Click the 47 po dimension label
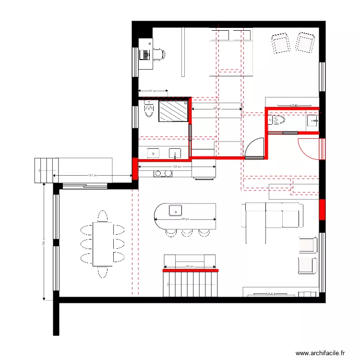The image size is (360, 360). pos(153,91)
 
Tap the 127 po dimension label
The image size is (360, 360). pos(93,175)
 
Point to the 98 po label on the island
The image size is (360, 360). pos(185,219)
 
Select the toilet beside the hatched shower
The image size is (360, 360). pos(149,110)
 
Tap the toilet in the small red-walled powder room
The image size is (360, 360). pos(278,120)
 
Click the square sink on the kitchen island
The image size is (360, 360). pos(176,210)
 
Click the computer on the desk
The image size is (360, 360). pos(143,55)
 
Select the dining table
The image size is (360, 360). pos(102,243)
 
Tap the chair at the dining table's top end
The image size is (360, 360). pos(102,215)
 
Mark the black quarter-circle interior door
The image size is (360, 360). pos(254,148)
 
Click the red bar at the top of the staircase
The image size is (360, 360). pos(191,271)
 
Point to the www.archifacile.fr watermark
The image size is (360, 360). pos(321,353)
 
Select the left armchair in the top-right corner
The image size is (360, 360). pos(280,43)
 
